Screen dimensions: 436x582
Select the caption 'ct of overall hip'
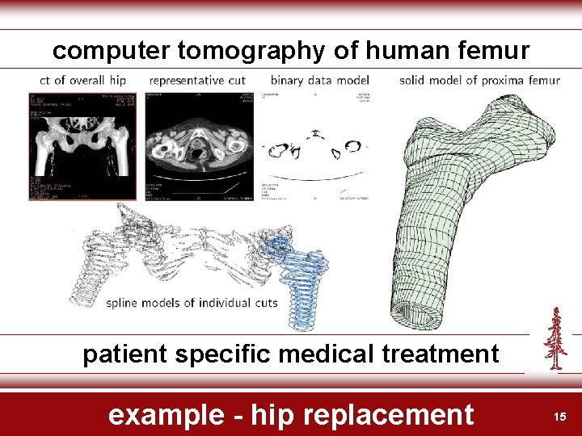[x=83, y=80]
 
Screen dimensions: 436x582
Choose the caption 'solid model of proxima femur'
[x=479, y=80]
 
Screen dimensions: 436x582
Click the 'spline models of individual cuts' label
[x=192, y=304]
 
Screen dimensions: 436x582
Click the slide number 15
[x=559, y=416]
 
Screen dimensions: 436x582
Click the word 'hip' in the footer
[x=269, y=414]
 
